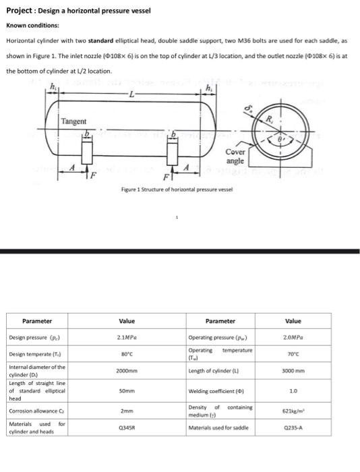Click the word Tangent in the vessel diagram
73,121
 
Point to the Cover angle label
235,157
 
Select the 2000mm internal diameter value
127,371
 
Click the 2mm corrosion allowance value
127,410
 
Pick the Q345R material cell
127,427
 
